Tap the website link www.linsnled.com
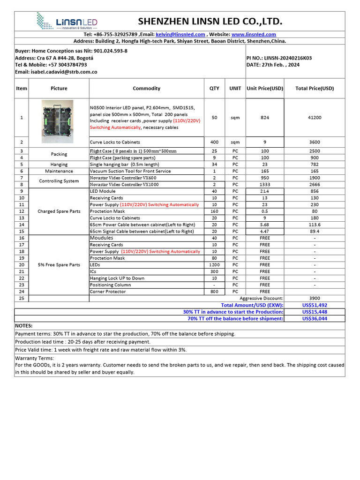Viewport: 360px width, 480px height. [x=254, y=34]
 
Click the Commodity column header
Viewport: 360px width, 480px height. [x=146, y=88]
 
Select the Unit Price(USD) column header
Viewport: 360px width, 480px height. [x=265, y=88]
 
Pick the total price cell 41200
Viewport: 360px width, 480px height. [x=315, y=118]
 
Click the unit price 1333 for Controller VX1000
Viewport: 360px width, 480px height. [x=265, y=185]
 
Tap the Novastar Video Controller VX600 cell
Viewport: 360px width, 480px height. [x=123, y=178]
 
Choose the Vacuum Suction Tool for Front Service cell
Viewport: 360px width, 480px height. [x=130, y=171]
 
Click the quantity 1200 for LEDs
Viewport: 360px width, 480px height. [x=214, y=265]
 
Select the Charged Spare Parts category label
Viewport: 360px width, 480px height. [x=59, y=211]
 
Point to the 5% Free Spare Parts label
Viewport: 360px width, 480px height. [x=59, y=265]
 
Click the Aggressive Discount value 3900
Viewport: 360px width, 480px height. [x=315, y=298]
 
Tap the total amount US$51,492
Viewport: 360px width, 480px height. [x=315, y=305]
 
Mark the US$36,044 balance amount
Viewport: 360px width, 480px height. [x=315, y=318]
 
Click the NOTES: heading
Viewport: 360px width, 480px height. [x=24, y=325]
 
